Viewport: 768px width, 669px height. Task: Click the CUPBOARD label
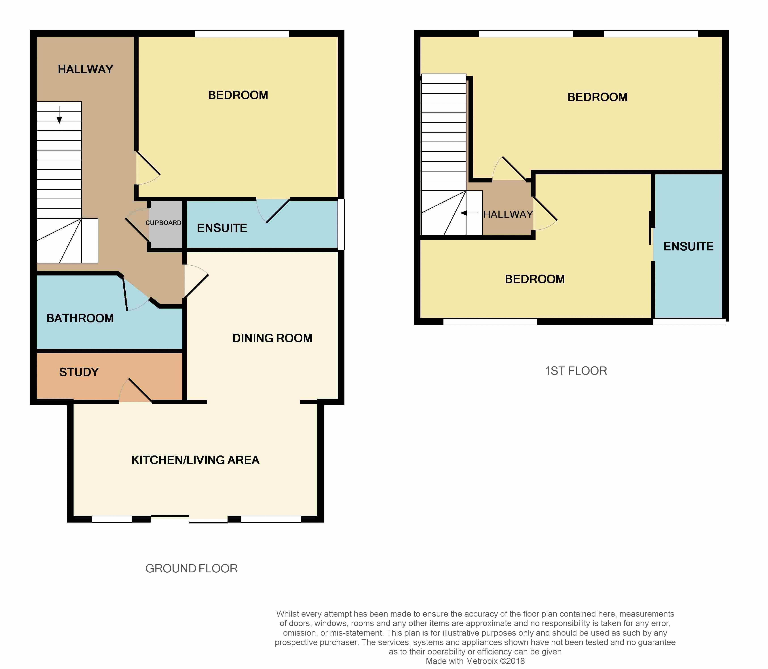[163, 223]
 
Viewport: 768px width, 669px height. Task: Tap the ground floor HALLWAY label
[85, 70]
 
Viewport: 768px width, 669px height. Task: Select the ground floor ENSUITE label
[222, 228]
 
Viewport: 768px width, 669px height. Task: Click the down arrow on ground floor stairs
[59, 115]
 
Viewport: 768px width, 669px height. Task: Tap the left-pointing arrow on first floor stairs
[469, 213]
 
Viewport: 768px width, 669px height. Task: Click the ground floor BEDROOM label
[238, 95]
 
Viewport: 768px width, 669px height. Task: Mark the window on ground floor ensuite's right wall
[341, 224]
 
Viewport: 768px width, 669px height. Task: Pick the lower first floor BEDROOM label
[535, 279]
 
